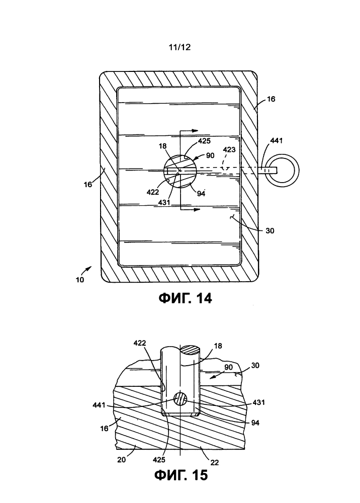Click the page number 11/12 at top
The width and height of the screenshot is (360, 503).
coord(179,47)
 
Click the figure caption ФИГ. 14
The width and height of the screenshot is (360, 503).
coord(186,298)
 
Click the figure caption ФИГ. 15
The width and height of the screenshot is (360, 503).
coord(181,475)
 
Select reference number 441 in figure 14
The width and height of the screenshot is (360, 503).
coord(277,140)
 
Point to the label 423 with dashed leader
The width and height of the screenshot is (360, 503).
coord(229,149)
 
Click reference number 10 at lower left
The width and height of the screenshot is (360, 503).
coord(80,279)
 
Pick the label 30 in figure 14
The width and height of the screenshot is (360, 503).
coord(270,231)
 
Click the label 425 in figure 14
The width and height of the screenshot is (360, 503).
coord(204,141)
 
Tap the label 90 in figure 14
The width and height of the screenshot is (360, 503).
coord(210,155)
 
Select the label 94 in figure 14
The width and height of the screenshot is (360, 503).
coord(201,194)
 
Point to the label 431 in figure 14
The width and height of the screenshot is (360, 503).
coord(164,202)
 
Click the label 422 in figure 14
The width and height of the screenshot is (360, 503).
coord(152,192)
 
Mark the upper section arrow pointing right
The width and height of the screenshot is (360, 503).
coord(189,131)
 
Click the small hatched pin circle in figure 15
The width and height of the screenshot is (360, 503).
coord(180,399)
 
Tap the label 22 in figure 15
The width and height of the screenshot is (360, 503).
coord(215,462)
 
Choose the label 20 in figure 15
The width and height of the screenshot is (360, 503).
coord(122,460)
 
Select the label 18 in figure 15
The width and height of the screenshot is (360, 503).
coord(218,346)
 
